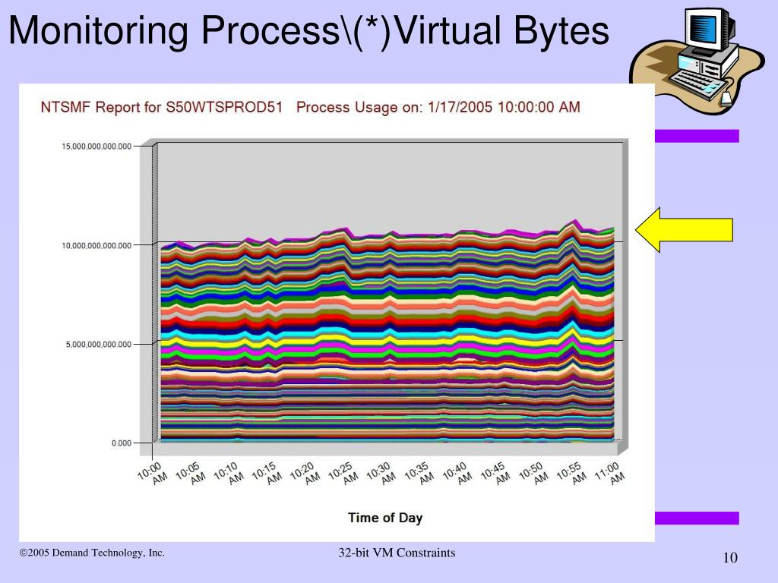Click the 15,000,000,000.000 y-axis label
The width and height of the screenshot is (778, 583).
(96, 146)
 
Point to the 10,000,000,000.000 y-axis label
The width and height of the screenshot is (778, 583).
(96, 244)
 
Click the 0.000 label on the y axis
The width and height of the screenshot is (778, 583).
(121, 443)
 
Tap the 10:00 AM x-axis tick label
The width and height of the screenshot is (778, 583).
(153, 472)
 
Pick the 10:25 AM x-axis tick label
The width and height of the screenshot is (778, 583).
(343, 472)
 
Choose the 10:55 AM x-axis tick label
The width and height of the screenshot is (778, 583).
(572, 472)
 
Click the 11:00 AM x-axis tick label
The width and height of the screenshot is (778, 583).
(610, 472)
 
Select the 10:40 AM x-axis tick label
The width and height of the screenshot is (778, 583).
(457, 472)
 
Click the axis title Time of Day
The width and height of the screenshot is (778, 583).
(385, 518)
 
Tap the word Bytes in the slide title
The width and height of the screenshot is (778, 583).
(562, 31)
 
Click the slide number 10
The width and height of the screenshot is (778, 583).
(730, 559)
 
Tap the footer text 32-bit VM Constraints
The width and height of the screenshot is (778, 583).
(397, 553)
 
